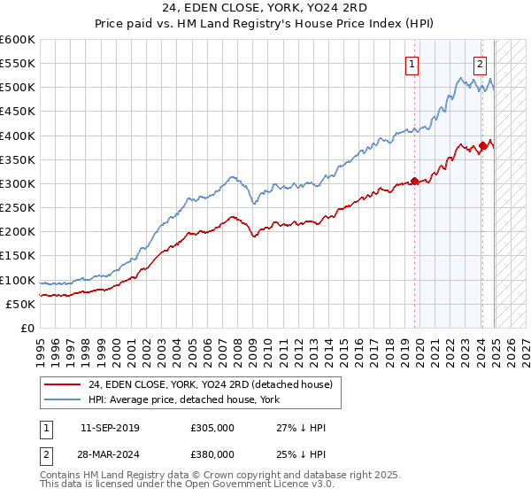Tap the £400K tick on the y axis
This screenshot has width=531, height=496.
coord(18,136)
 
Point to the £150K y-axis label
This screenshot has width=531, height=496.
coord(18,256)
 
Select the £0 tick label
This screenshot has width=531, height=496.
coord(27,328)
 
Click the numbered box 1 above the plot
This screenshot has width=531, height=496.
coord(413,63)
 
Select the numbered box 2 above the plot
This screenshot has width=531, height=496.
coord(480,63)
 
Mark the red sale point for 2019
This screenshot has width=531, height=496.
coord(415,182)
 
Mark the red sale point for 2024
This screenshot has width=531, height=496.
coord(482,145)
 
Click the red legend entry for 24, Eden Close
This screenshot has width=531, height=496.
coord(210,384)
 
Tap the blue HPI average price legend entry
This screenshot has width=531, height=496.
coord(183,399)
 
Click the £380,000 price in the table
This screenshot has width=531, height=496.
coord(212,455)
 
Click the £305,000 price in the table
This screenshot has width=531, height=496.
coord(212,428)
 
